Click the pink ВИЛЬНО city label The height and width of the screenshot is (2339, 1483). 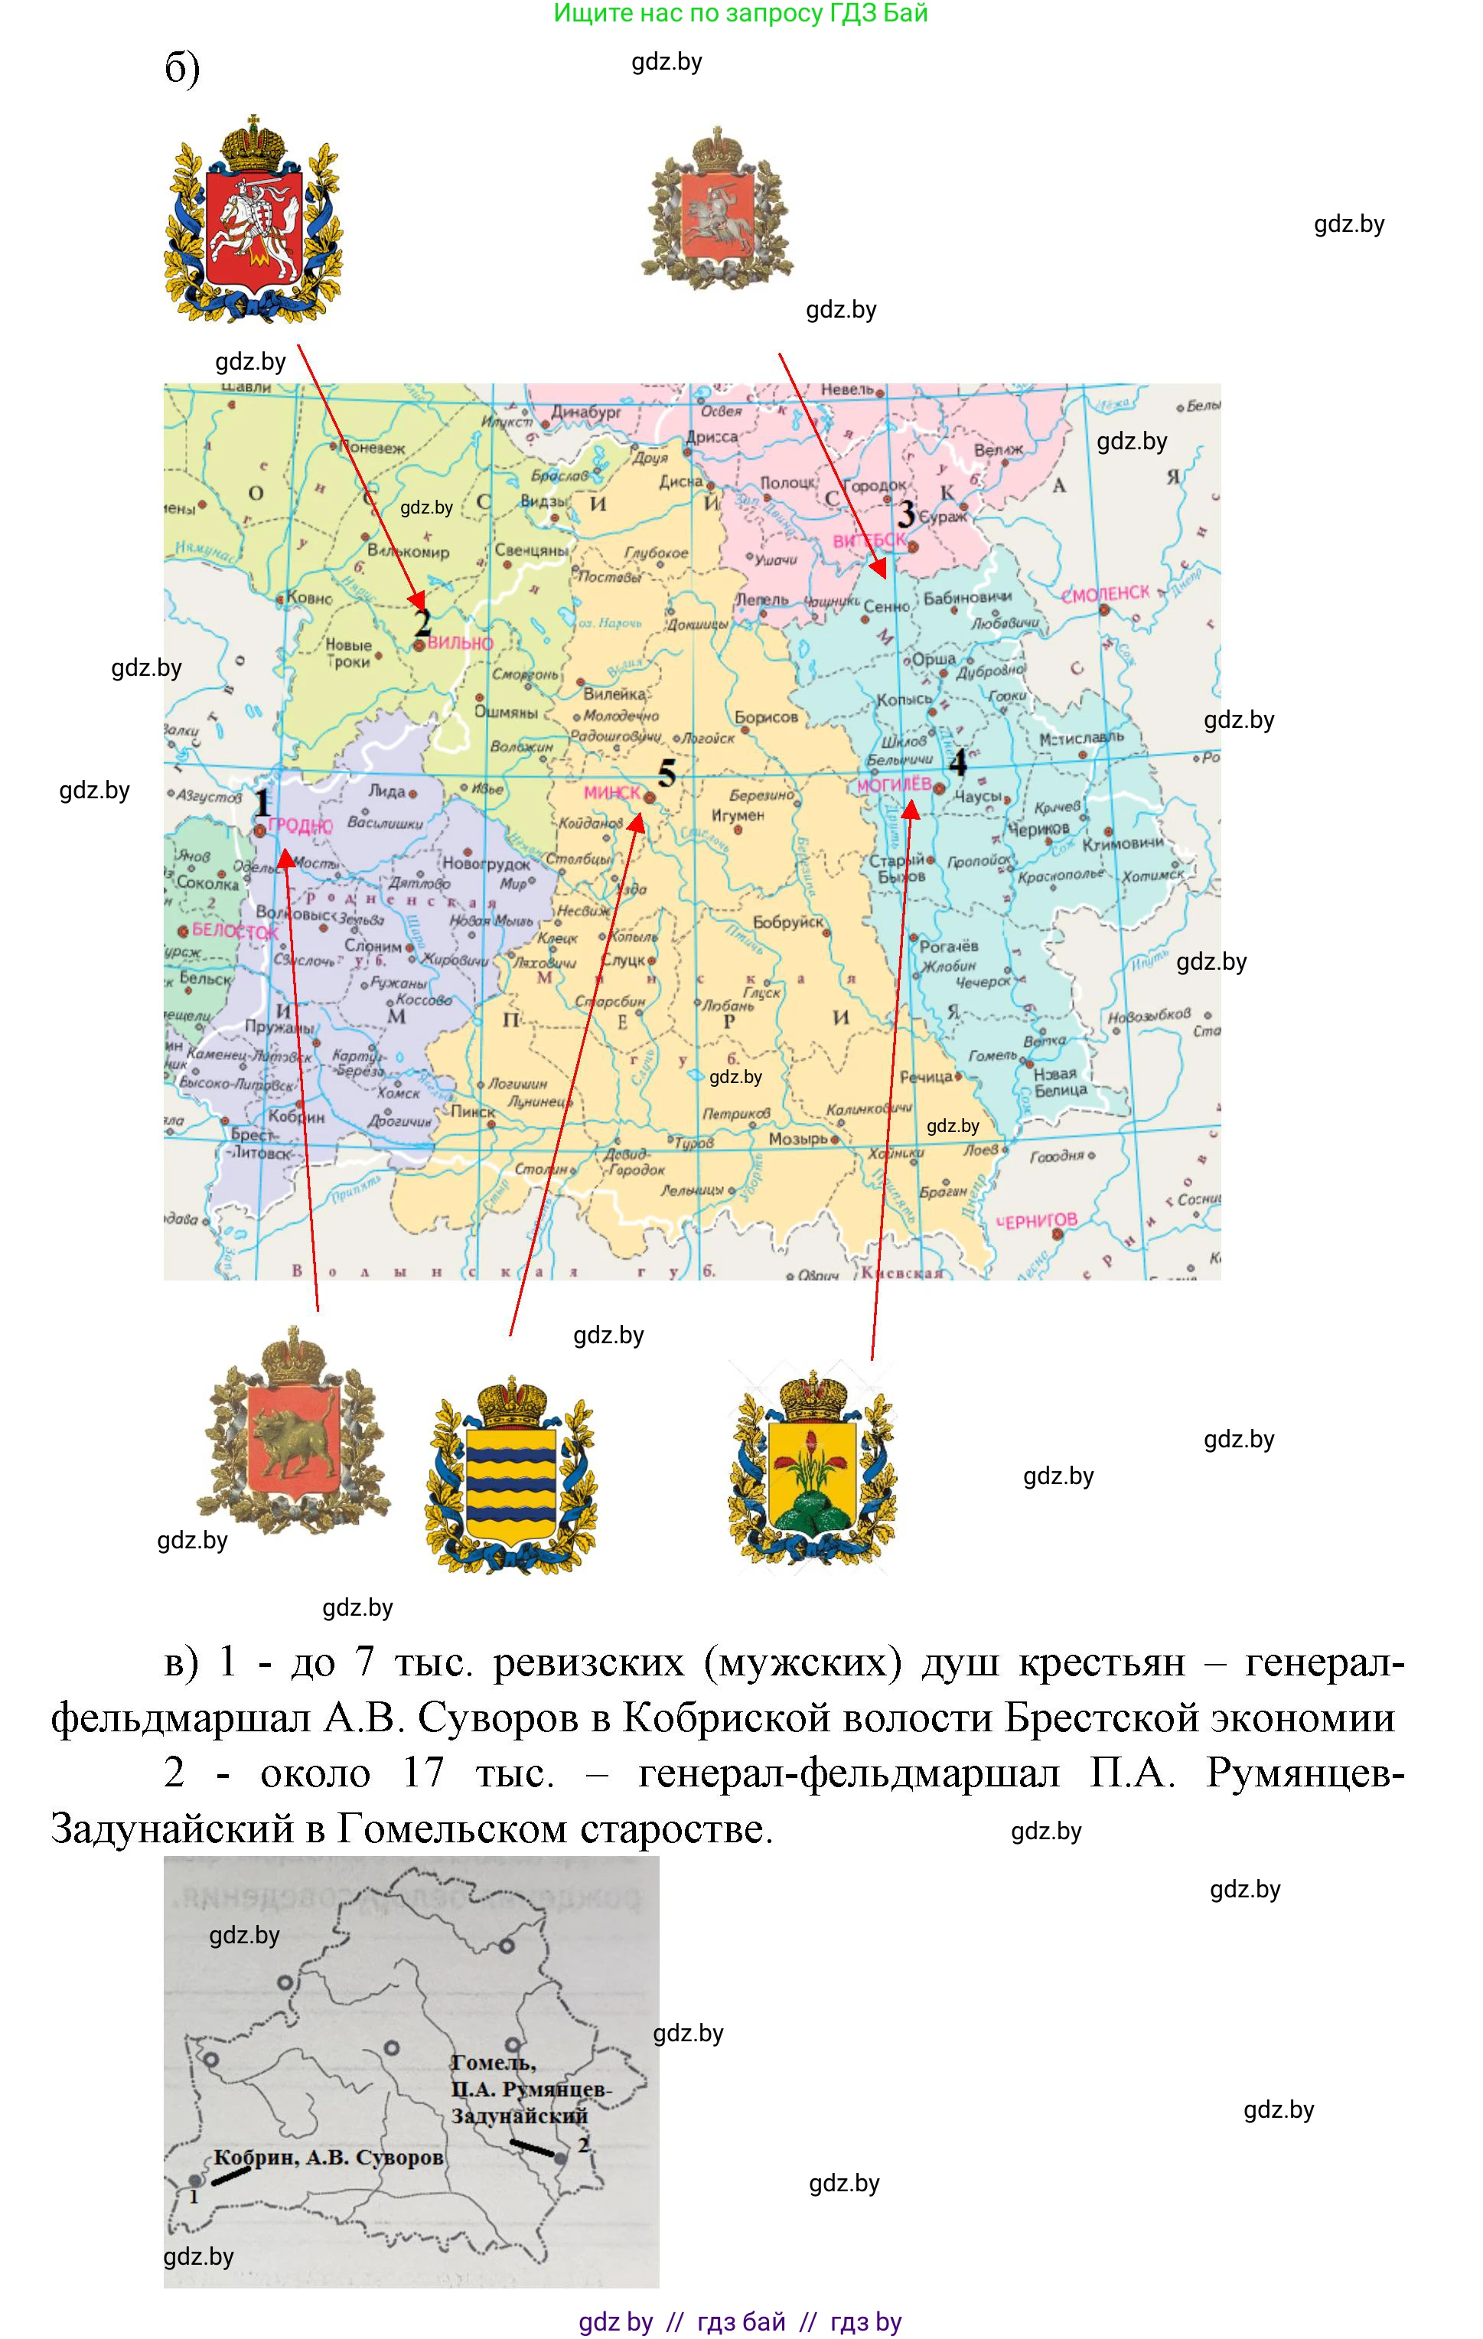(461, 643)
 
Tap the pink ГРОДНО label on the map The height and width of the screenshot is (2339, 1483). (300, 826)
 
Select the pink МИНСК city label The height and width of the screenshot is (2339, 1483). (612, 793)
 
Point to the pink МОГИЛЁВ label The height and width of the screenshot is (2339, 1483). (894, 784)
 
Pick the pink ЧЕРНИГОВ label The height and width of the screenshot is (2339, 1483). (1039, 1221)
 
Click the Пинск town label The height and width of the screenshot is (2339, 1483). (473, 1111)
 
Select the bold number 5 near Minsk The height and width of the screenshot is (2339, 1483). (667, 774)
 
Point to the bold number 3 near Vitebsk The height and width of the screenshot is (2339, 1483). (906, 513)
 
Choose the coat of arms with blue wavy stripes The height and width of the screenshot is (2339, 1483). (512, 1476)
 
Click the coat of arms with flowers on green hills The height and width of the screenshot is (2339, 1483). (812, 1469)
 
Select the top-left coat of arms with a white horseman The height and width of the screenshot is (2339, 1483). (255, 220)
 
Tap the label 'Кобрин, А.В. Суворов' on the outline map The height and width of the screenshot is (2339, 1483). (328, 2158)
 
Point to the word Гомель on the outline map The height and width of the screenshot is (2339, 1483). (494, 2061)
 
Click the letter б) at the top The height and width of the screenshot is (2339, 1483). (181, 68)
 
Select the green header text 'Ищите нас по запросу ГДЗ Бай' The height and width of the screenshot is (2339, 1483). (740, 14)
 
